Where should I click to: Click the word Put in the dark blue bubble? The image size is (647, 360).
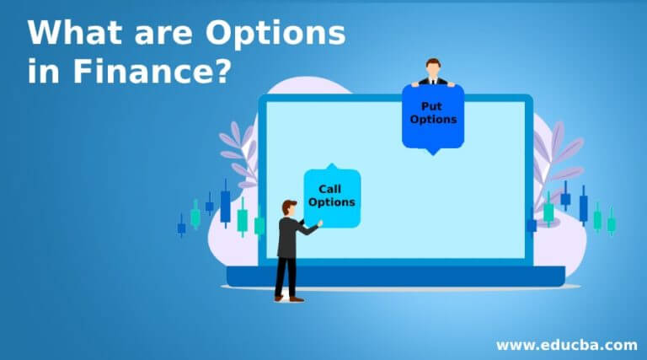(433, 106)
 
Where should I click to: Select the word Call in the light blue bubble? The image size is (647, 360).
(332, 188)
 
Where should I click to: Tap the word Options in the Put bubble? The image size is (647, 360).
(433, 119)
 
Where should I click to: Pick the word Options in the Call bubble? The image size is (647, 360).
(332, 201)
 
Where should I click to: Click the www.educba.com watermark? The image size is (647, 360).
(566, 344)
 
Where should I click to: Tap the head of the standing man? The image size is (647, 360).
(289, 207)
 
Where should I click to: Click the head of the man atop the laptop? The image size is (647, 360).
(433, 67)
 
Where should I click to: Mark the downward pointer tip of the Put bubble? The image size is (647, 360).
(433, 153)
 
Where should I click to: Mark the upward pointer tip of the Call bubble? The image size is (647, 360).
(331, 165)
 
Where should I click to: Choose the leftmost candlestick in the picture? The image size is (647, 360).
(181, 226)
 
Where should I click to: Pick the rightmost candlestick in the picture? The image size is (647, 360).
(612, 222)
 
